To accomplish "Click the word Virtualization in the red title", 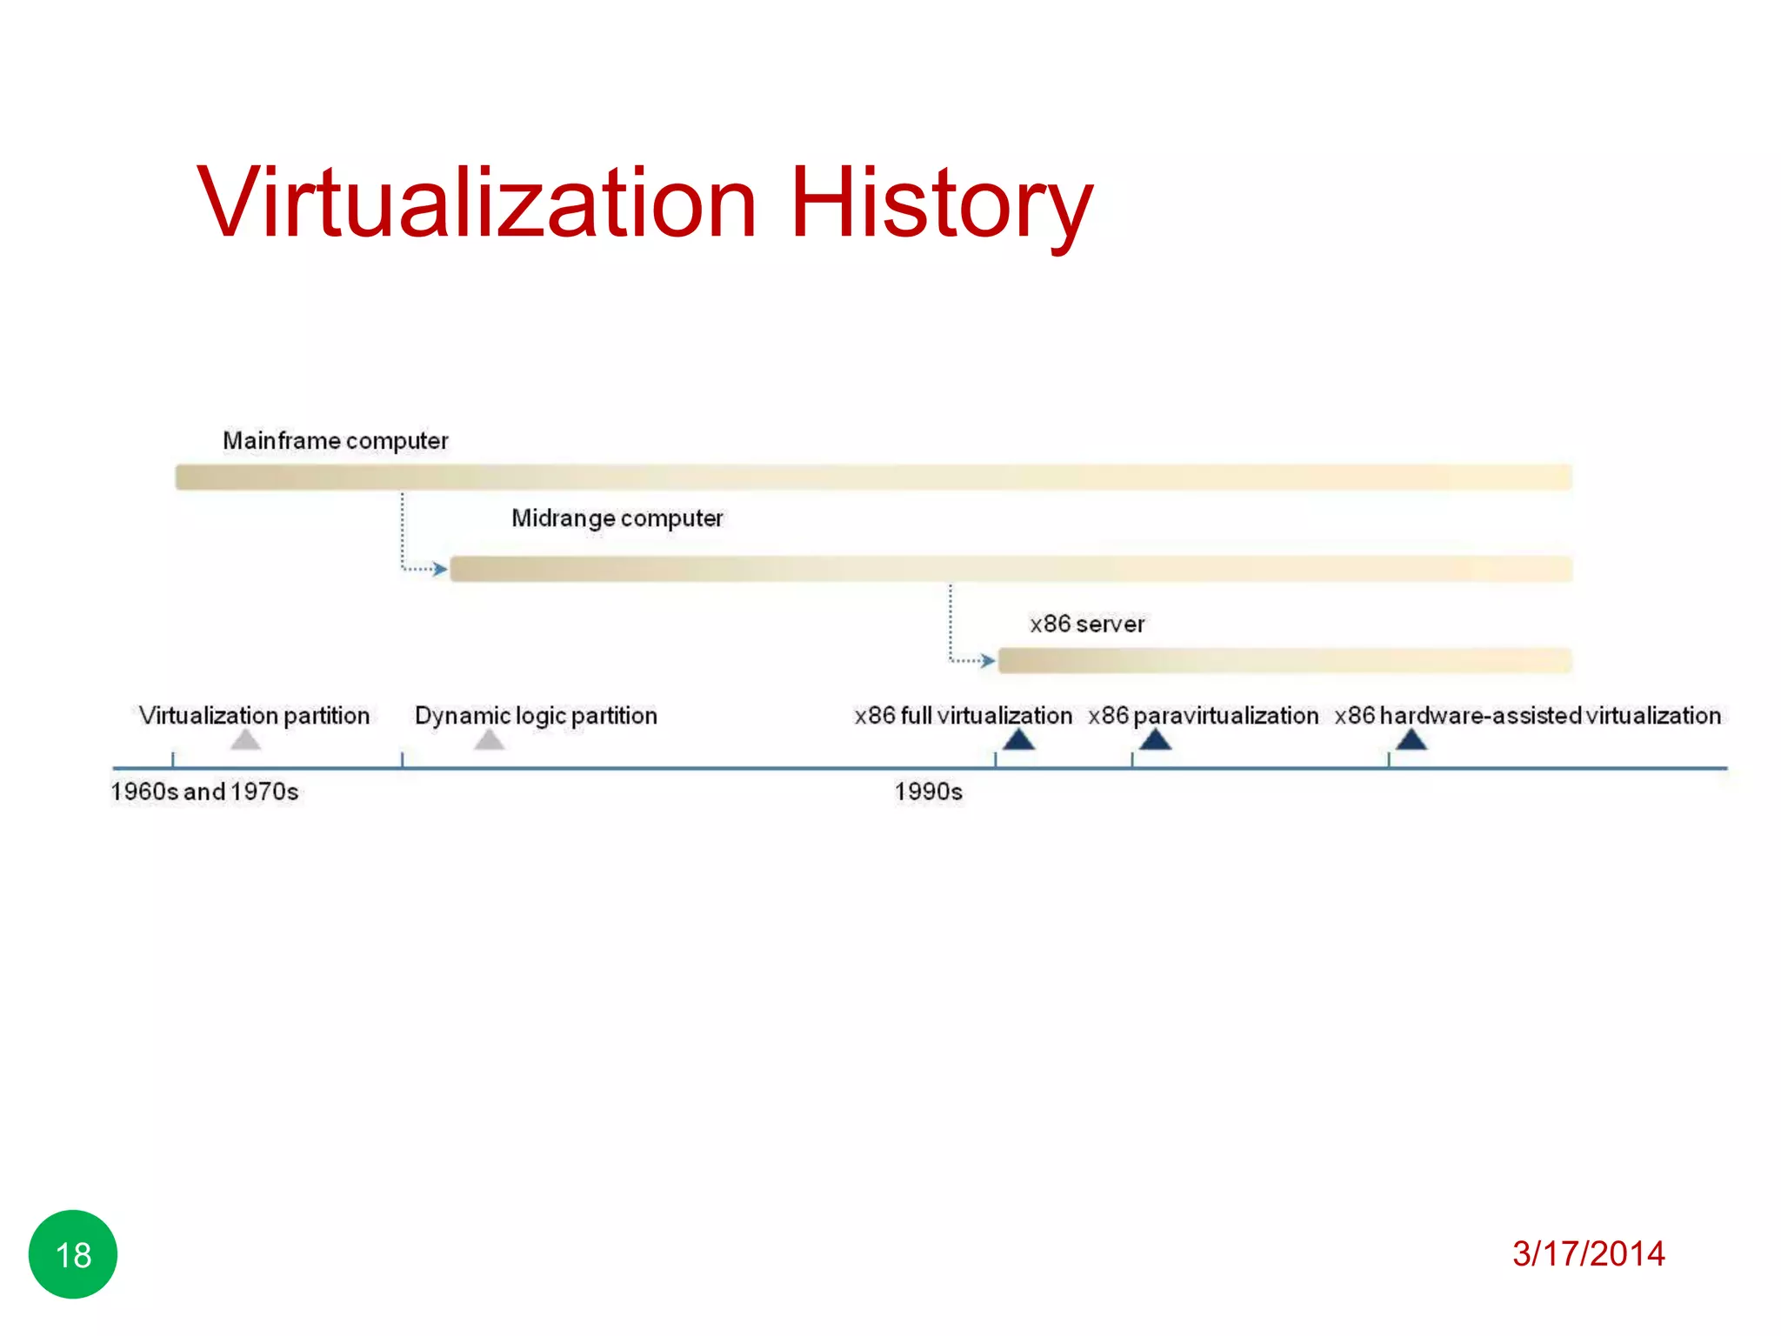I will (477, 203).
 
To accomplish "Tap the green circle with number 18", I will (73, 1254).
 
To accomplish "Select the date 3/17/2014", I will (1588, 1253).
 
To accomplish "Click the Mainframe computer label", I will (336, 441).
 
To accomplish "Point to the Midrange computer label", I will (617, 518).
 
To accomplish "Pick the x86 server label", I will (1087, 624).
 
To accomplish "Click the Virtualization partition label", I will (254, 716).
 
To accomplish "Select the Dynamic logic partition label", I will (536, 716).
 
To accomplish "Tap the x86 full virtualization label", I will (963, 716).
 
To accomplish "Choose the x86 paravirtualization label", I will (1203, 716).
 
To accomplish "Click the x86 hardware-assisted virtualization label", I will (1527, 716).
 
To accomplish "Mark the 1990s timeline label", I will (928, 792).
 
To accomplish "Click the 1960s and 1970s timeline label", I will (204, 792).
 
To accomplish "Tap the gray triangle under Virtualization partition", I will (246, 740).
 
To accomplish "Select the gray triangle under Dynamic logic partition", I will (490, 740).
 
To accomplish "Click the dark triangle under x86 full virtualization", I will (1018, 740).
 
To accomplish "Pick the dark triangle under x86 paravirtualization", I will (1155, 740).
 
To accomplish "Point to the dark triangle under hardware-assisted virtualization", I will (1411, 740).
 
